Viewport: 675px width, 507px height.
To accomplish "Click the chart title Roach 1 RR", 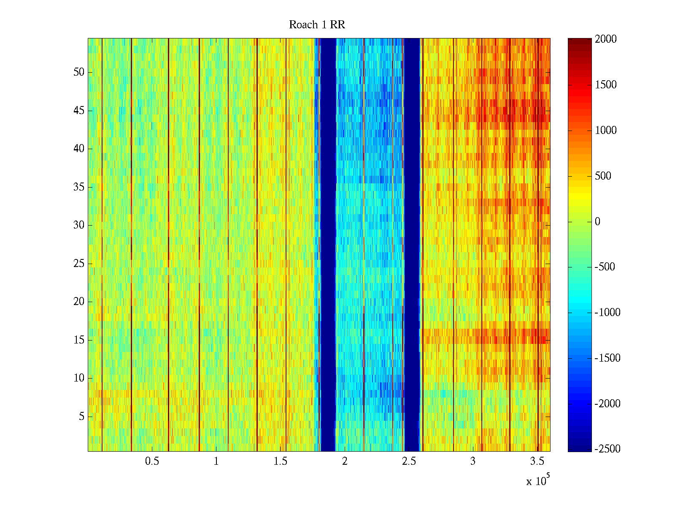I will click(317, 25).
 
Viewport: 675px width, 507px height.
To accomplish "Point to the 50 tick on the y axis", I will click(79, 72).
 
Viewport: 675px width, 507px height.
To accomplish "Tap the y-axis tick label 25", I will click(79, 264).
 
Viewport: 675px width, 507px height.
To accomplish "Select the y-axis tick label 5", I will click(81, 417).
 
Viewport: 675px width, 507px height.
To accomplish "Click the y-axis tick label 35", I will click(79, 187).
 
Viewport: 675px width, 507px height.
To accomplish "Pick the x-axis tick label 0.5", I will click(152, 461).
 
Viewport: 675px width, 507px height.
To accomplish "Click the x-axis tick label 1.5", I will click(281, 461).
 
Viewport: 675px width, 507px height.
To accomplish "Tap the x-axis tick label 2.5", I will click(409, 461).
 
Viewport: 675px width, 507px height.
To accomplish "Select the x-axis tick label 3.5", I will click(537, 461).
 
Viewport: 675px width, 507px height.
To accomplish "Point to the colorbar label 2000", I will click(606, 39).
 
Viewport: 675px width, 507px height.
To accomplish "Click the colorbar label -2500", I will click(607, 449).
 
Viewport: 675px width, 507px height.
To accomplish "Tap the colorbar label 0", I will click(597, 222).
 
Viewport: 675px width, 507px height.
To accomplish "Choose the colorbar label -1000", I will click(607, 313).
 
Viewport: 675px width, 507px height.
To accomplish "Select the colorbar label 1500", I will click(606, 85).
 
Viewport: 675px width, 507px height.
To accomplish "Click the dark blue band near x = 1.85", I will click(328, 245).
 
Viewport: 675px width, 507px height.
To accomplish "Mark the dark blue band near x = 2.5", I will click(412, 245).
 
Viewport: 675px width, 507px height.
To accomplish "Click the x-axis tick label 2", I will click(345, 461).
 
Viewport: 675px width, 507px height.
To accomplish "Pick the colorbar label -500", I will click(605, 267).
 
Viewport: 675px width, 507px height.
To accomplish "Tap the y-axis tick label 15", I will click(79, 340).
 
